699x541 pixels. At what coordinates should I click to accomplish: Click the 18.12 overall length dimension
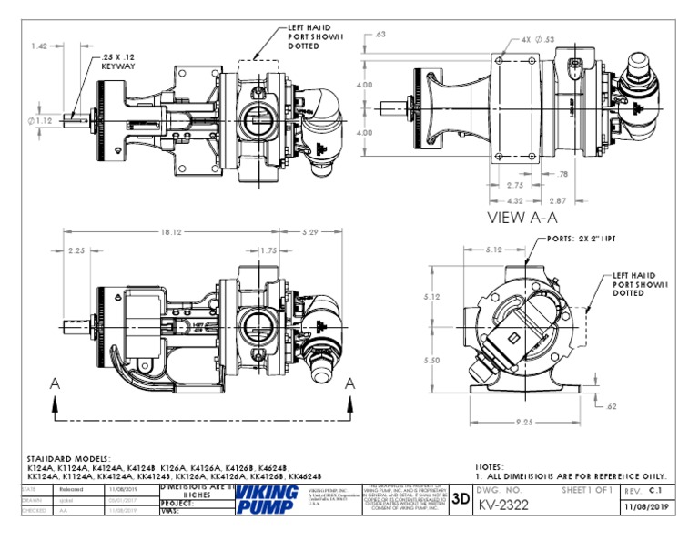170,232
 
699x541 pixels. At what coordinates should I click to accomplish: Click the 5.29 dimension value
313,232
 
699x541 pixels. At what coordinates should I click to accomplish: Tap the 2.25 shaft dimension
76,250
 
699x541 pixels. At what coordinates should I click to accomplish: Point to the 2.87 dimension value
557,199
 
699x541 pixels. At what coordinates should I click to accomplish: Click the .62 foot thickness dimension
611,405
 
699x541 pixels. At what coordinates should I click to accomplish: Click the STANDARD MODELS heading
68,458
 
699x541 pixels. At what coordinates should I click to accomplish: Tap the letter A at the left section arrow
56,384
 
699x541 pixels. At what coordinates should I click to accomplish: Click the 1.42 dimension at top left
39,46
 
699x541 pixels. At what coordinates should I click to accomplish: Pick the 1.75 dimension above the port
268,250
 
